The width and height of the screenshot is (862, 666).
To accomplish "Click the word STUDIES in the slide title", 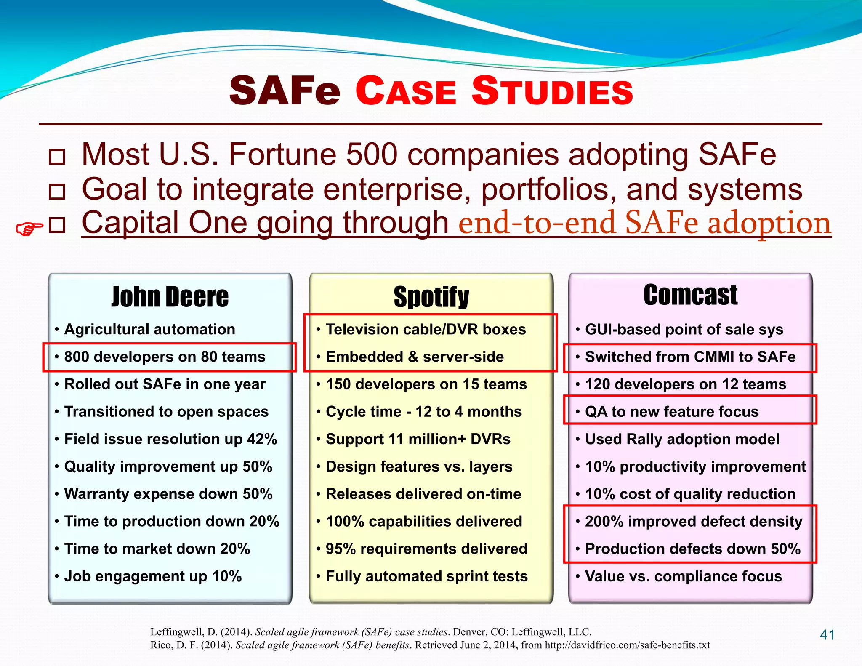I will click(552, 91).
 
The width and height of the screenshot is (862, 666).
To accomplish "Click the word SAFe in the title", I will click(285, 91).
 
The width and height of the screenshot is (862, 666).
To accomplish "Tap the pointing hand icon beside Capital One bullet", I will click(29, 229).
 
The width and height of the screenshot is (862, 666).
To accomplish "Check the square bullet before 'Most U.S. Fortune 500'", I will click(57, 157).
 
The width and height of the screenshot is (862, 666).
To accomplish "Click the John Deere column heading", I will click(170, 297).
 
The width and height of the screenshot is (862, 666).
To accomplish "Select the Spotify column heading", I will click(431, 297).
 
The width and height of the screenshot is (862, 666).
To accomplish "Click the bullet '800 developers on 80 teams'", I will click(165, 357).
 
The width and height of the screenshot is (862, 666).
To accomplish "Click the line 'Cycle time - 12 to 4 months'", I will click(423, 412).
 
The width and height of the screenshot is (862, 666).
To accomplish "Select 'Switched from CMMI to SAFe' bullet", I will click(690, 357).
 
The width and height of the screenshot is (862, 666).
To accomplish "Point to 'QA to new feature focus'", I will click(672, 412).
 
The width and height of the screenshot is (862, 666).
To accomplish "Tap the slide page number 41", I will click(827, 635).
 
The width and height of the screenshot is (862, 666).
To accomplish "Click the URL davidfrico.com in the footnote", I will click(627, 645).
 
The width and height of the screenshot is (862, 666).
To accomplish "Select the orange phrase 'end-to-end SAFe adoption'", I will click(644, 223).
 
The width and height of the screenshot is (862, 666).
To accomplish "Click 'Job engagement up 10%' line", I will click(153, 576).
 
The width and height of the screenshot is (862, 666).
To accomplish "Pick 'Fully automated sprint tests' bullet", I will click(426, 576).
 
